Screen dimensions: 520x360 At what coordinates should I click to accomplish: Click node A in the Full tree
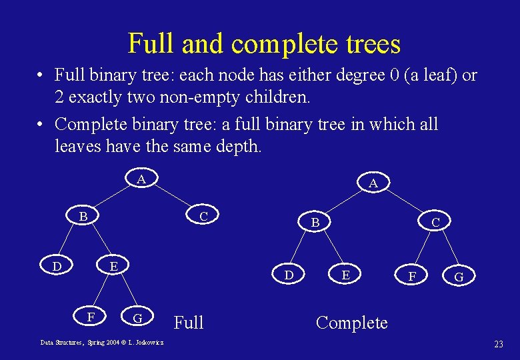141,179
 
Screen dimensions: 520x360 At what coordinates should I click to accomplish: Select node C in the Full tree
204,217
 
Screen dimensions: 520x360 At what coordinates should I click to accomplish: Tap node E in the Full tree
114,267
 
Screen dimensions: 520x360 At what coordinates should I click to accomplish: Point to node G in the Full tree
137,317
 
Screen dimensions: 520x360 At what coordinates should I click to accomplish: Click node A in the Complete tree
373,183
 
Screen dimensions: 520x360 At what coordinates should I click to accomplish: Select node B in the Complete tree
316,222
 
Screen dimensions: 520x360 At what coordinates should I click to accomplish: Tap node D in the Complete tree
288,274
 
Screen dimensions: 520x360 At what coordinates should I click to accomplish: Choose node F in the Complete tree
413,275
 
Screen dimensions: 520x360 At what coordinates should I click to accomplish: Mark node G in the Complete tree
459,275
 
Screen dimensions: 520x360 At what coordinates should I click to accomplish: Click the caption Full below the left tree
189,323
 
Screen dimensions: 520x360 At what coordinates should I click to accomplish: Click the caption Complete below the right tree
351,323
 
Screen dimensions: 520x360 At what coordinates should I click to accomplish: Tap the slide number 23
498,344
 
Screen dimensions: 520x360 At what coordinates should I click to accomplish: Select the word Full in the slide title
152,44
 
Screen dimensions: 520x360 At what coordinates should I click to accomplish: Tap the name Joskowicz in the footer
150,342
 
